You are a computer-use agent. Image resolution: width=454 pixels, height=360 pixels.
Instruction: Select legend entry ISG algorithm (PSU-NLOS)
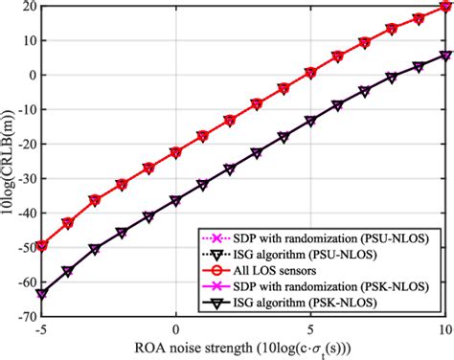pos(322,254)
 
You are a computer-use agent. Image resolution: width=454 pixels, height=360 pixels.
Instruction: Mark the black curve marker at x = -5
pos(41,293)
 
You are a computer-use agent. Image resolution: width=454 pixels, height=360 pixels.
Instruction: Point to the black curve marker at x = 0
pos(176,201)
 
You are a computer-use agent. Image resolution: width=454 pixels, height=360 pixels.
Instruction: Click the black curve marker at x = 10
pos(444,55)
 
